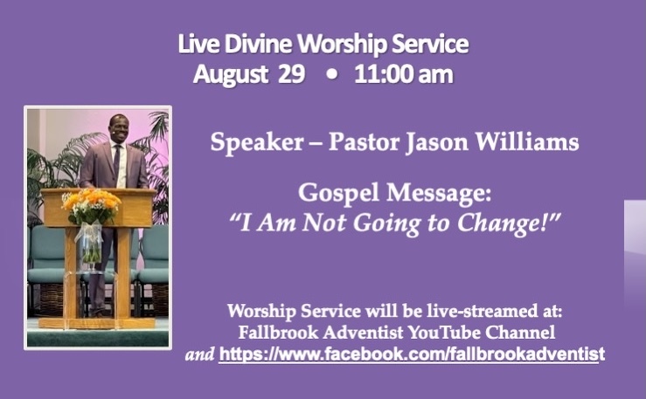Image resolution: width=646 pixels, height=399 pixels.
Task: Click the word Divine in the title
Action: (x=258, y=44)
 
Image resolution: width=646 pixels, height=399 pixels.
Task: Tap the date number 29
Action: (x=291, y=74)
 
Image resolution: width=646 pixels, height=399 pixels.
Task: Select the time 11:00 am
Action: (x=403, y=74)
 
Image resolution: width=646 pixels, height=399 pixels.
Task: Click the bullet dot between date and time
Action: (x=331, y=75)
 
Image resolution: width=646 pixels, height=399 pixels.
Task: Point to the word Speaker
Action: (x=257, y=143)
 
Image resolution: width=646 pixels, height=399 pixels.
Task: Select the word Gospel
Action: (x=338, y=193)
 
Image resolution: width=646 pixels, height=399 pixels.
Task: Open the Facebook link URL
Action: (x=412, y=354)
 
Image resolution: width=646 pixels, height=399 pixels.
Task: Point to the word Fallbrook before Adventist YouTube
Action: (x=279, y=333)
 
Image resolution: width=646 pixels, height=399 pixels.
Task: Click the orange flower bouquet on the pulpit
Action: (x=92, y=206)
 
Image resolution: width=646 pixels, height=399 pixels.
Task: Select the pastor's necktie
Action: (x=116, y=162)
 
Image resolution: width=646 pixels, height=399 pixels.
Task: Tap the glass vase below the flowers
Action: (x=89, y=245)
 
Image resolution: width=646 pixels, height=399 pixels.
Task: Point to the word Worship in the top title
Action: (x=343, y=45)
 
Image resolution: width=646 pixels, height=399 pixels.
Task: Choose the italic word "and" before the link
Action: (x=200, y=354)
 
